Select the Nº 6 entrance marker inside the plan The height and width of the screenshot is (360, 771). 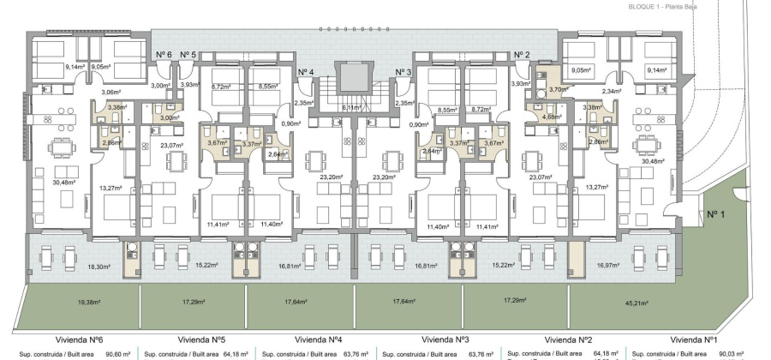[x=164, y=55]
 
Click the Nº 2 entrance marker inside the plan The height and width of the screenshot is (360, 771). [x=521, y=55]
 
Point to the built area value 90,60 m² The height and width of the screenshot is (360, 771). [x=117, y=353]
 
